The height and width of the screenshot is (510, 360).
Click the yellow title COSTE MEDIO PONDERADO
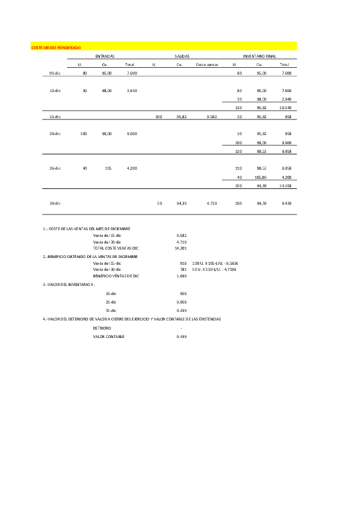[x=56, y=46]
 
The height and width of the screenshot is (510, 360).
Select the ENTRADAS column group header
[x=105, y=55]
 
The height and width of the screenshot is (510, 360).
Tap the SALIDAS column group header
[x=182, y=55]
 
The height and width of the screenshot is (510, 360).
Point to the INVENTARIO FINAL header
[x=258, y=55]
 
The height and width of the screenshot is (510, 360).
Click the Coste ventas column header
[x=207, y=64]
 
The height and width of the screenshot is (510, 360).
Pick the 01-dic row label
[x=55, y=73]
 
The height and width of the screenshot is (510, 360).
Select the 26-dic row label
[x=55, y=168]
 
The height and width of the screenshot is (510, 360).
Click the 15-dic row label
[x=55, y=116]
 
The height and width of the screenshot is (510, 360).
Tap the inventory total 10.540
[x=285, y=107]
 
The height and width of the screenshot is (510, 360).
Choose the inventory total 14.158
[x=285, y=186]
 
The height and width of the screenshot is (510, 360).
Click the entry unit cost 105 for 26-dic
[x=108, y=168]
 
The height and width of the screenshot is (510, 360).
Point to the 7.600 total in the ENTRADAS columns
[x=132, y=73]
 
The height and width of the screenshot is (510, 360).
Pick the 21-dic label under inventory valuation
[x=111, y=301]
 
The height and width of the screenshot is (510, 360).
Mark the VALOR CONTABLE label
[x=108, y=336]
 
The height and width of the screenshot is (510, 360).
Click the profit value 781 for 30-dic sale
[x=183, y=269]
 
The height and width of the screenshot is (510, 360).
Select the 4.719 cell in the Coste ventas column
[x=212, y=203]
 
